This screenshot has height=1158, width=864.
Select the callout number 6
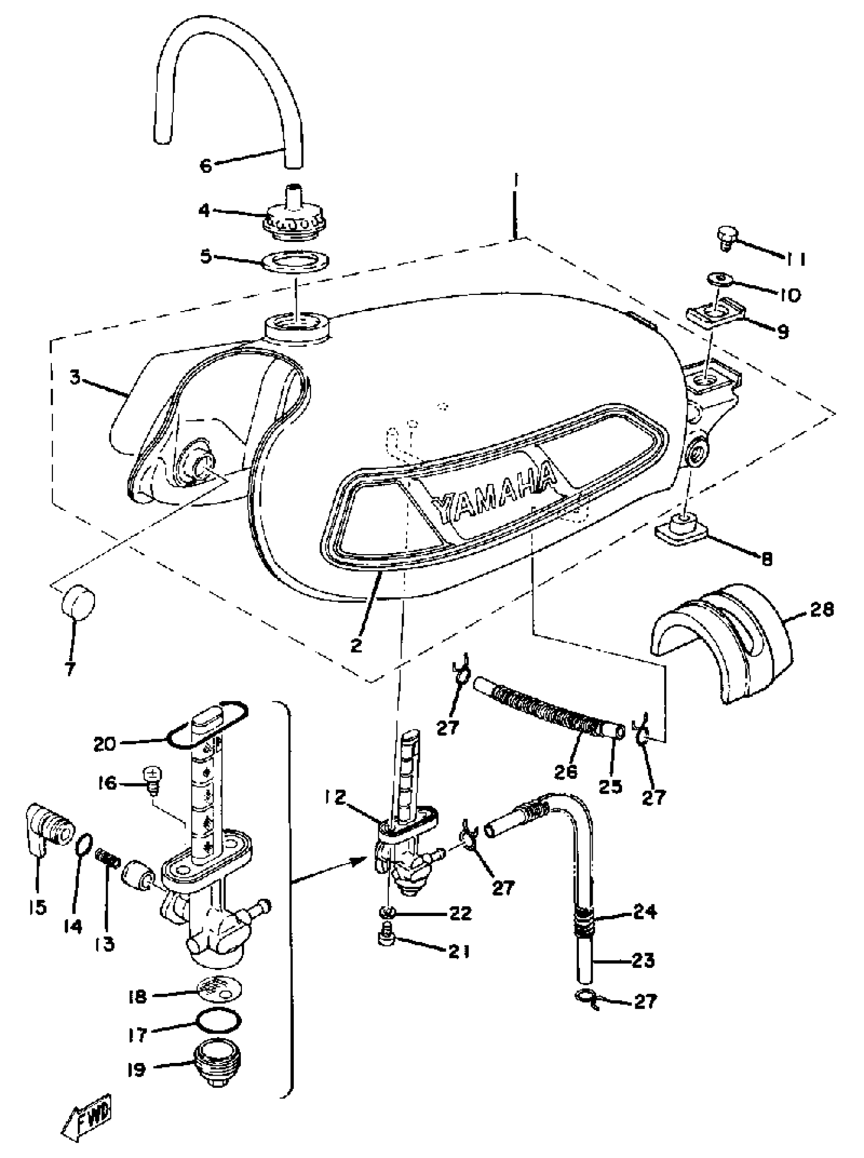click(x=206, y=166)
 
